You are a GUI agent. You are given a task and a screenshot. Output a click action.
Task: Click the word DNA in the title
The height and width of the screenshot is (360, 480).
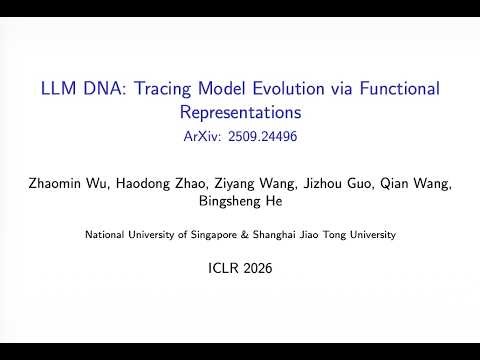pos(100,89)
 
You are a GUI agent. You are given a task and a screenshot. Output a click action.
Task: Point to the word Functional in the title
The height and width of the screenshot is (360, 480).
pos(396,89)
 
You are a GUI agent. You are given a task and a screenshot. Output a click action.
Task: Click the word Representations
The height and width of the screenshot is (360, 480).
pos(240,111)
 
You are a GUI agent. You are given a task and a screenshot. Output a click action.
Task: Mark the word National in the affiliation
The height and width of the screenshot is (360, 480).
pos(103,235)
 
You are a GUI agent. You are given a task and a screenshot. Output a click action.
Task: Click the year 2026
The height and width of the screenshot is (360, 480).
pos(255,269)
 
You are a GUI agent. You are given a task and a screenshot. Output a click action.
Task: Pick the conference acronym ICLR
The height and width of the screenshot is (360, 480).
pos(222,269)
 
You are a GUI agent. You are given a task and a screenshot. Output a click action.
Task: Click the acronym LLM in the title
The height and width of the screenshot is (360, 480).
pos(58,89)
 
